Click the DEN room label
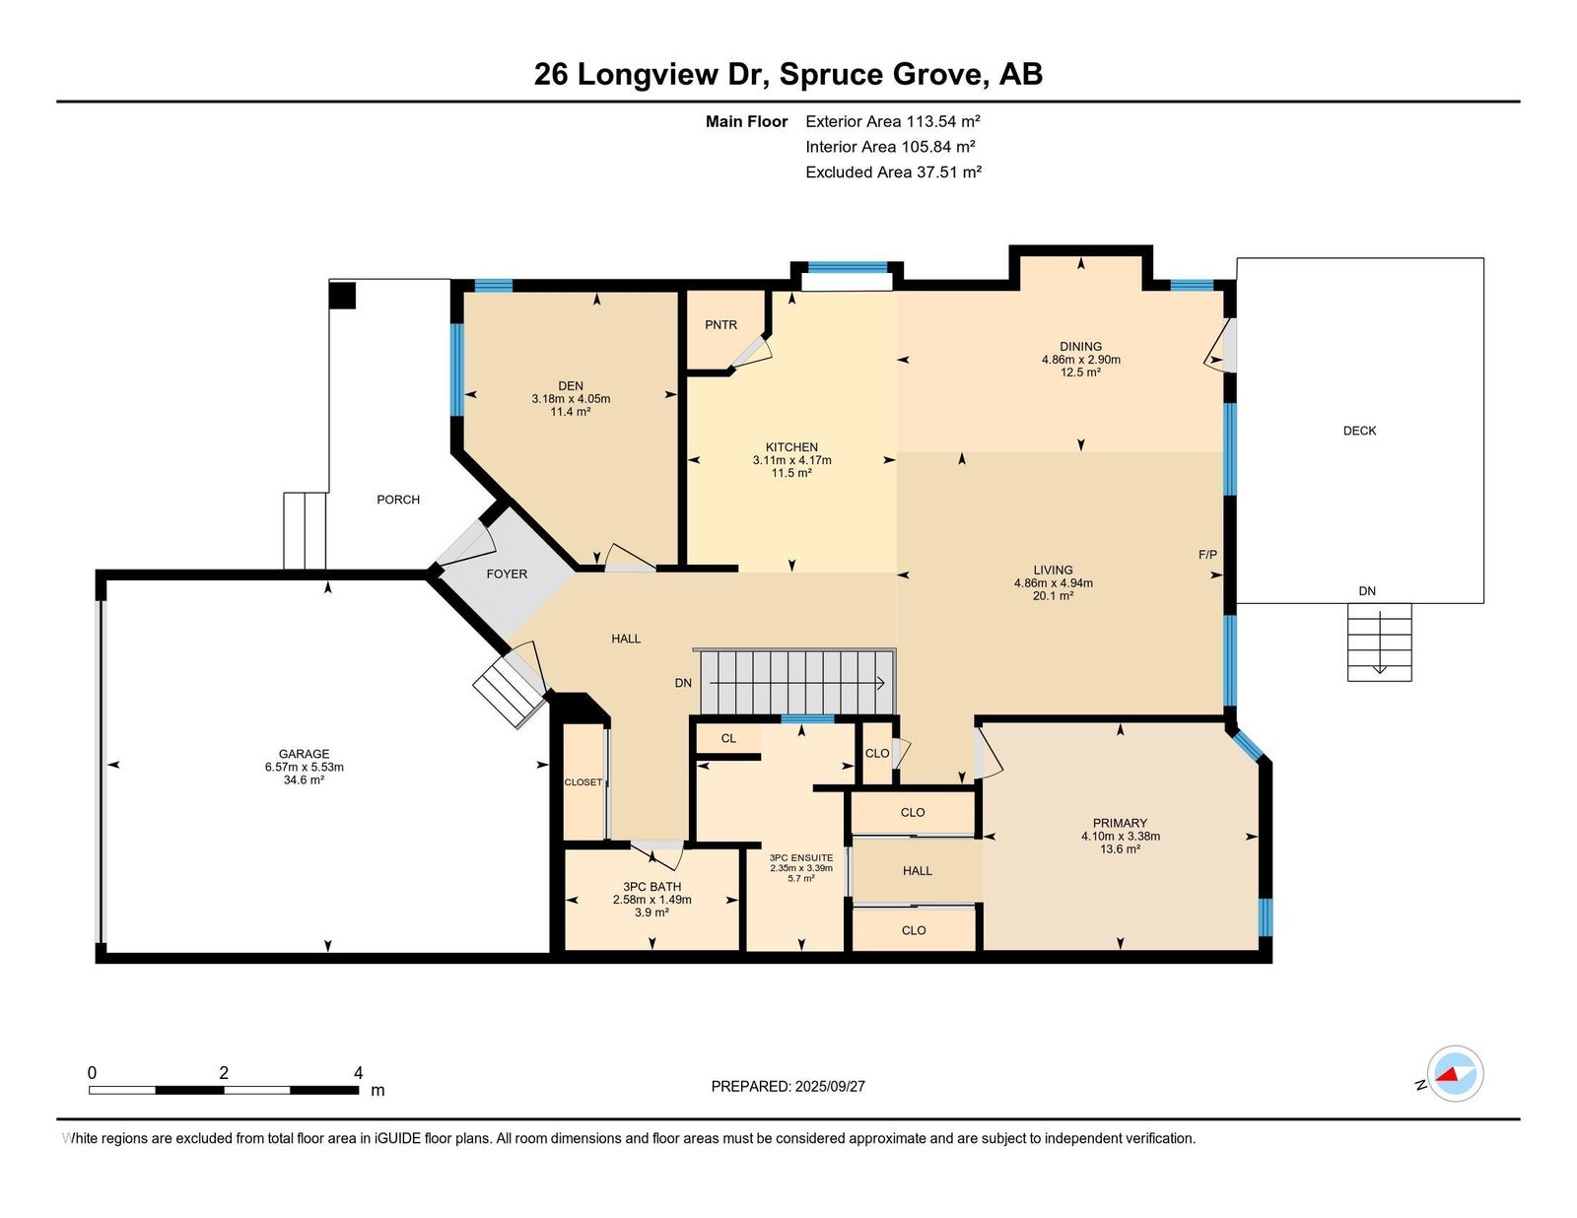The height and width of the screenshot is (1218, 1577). coord(571,386)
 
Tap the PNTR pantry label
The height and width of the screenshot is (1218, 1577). coord(720,325)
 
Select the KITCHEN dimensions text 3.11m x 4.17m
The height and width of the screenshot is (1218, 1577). coord(791,460)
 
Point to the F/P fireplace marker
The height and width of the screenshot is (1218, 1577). coord(1207,555)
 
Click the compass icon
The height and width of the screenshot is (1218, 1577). coord(1455,1074)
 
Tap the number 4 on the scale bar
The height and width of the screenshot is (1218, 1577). coord(358,1073)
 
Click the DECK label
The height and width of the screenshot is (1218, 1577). coord(1359,431)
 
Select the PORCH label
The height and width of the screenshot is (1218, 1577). coord(397,500)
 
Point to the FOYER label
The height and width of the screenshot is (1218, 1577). coord(507,575)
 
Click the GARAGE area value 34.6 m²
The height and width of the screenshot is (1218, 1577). coord(305,779)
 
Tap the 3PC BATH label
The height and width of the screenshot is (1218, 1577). coord(651,887)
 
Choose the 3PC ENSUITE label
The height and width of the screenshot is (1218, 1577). coord(801,857)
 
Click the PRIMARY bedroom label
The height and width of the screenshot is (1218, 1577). coord(1120,824)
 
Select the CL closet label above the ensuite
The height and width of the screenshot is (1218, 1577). coord(728,738)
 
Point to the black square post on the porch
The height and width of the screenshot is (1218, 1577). coord(343,296)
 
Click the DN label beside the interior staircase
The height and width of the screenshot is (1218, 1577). coord(683,683)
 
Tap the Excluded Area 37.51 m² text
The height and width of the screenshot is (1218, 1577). coord(893,171)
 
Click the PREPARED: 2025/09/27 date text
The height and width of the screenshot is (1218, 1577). coord(788,1087)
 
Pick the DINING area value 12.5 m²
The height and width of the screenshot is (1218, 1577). coord(1080,372)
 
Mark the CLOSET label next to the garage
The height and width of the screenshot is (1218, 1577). coord(583,782)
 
